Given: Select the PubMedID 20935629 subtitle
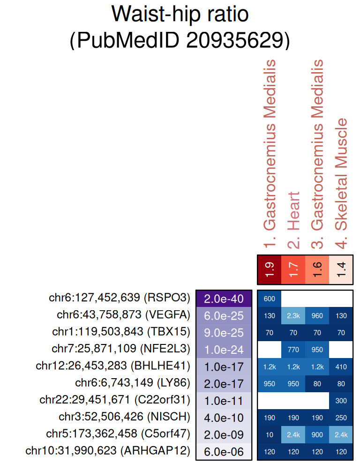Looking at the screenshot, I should (180, 41).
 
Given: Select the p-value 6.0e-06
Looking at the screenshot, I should (224, 451).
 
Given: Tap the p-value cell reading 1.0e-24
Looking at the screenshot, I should (224, 350).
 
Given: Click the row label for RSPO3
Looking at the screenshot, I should (120, 298).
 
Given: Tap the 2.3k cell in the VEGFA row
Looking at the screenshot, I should (293, 316).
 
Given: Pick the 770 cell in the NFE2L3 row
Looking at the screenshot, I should (293, 350).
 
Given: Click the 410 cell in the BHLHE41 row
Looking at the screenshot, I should (342, 366).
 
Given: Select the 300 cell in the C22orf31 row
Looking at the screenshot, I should (342, 401).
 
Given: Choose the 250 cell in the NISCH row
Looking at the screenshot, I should (342, 418).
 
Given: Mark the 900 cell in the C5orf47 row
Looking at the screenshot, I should (317, 434).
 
